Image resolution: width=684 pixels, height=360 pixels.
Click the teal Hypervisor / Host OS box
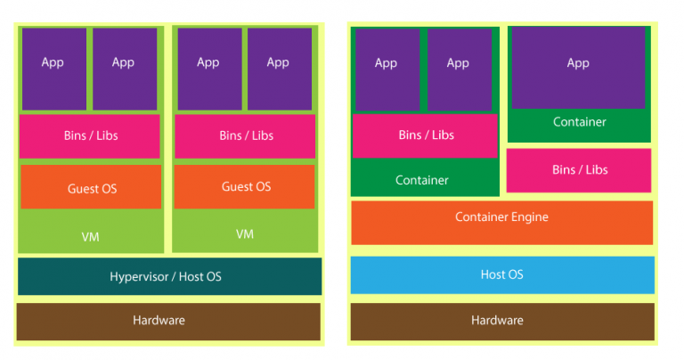coord(169,276)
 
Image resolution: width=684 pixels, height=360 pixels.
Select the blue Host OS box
coord(501,274)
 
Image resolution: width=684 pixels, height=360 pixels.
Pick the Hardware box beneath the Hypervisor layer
coord(168,321)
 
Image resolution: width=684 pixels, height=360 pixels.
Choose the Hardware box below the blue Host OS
coord(501,321)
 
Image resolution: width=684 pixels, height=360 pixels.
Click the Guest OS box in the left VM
coord(91,187)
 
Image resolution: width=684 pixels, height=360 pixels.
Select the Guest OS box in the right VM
coord(245,186)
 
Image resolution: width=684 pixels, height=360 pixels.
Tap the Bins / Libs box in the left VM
coord(90,135)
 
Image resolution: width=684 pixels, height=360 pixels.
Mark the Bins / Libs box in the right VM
coord(245,135)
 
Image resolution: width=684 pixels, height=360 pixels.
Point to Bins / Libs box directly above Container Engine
coord(579,170)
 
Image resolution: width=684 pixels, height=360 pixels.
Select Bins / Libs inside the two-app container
coord(425,135)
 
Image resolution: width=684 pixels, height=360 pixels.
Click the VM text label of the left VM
coord(90,236)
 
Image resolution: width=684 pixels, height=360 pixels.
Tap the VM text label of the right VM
coord(245,234)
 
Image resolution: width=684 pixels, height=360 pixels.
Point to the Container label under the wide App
coord(579,122)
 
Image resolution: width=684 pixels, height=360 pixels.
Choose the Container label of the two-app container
coord(422,181)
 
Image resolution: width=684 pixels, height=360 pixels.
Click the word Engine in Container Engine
coord(528,217)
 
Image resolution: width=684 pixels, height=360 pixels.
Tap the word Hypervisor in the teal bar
coord(141,277)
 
